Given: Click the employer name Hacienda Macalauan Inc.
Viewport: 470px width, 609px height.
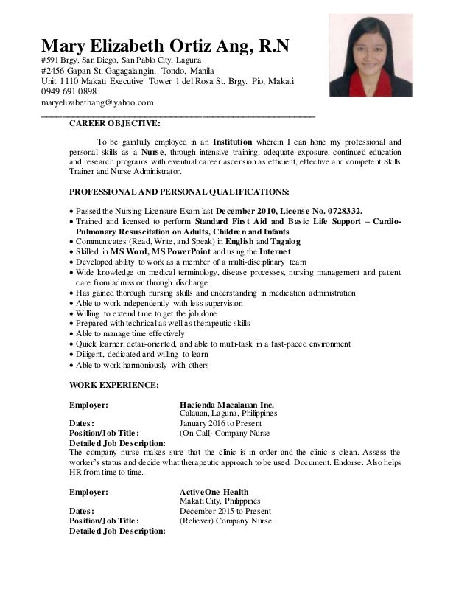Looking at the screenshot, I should point(226,405).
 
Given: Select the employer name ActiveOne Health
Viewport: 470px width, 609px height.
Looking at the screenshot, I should point(214,491).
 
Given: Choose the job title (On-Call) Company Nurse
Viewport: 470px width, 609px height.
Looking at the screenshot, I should point(225,434).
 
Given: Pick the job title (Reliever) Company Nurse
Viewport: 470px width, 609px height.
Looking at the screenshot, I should point(225,521).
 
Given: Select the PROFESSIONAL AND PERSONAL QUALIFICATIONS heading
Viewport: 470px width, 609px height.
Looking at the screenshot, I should point(173,189).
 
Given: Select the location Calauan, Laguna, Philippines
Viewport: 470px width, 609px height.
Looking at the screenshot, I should point(228,414).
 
